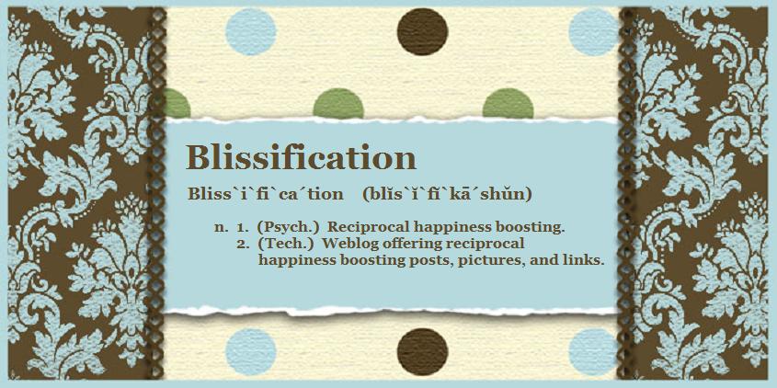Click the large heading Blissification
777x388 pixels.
[301, 158]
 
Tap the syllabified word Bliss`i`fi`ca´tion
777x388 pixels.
[265, 194]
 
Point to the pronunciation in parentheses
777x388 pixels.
[448, 194]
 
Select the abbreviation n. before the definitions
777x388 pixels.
[221, 228]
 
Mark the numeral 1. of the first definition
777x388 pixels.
[243, 228]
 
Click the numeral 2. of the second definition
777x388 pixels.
[243, 245]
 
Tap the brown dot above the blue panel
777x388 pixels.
[423, 31]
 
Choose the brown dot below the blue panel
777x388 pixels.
[423, 352]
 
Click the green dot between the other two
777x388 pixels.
[338, 104]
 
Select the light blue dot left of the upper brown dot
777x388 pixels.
[251, 31]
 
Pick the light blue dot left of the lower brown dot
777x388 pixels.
[251, 352]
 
